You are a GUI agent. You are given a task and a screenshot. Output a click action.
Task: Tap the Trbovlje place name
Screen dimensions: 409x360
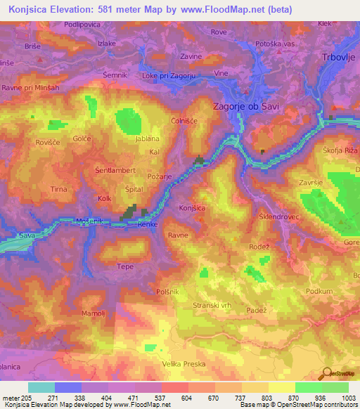coord(340,58)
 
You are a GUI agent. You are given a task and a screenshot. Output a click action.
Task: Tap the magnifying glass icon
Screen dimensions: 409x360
coord(326,373)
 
